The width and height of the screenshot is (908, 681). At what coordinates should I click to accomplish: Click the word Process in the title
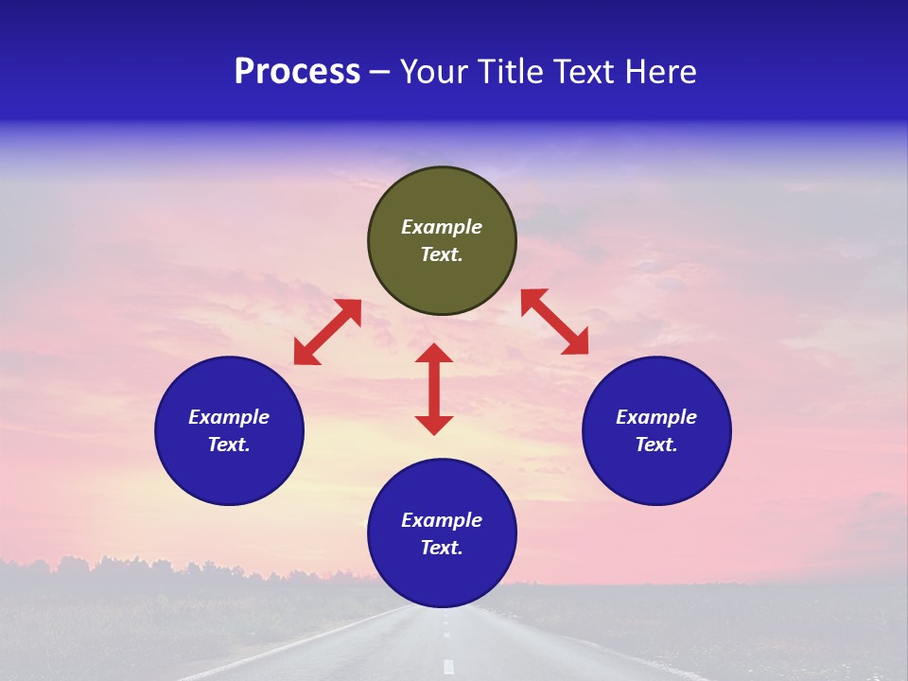click(297, 72)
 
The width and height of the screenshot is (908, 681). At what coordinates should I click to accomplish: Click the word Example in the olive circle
click(442, 227)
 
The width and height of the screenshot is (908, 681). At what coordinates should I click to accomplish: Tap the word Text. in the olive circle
click(442, 254)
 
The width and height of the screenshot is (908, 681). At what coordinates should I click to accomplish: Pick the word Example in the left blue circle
click(229, 417)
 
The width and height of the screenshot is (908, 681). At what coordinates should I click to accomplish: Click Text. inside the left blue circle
click(229, 445)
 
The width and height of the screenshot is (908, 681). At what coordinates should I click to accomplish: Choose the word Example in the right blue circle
click(656, 417)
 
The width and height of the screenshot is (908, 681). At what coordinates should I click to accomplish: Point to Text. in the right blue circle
click(656, 445)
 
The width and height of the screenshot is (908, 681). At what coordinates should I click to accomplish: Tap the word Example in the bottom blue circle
click(442, 520)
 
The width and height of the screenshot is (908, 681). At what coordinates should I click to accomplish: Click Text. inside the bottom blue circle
click(442, 548)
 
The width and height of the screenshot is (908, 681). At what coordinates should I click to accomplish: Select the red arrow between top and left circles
click(327, 332)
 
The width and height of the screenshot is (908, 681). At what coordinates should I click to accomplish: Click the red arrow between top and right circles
click(555, 322)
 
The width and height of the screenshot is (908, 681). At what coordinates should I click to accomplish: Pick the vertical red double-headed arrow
click(434, 389)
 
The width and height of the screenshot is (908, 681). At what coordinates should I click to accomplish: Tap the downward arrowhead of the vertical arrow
click(434, 425)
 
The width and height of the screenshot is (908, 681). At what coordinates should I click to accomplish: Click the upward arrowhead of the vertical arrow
click(434, 353)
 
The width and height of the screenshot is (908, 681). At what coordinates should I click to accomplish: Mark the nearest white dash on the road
click(448, 667)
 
